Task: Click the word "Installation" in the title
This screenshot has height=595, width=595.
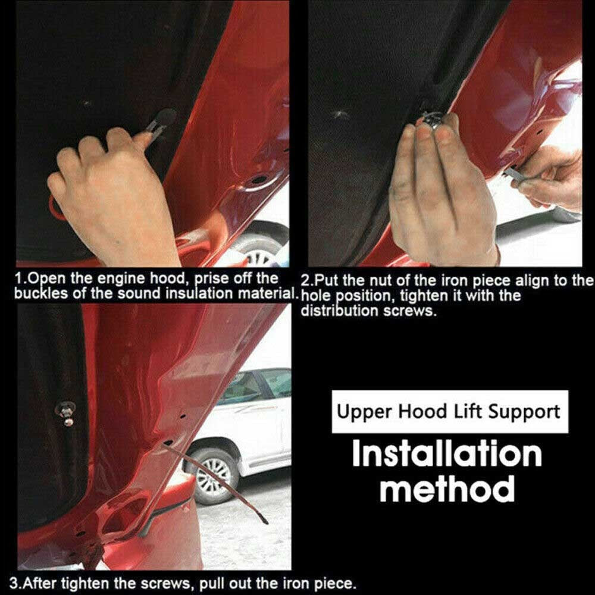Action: pos(447,454)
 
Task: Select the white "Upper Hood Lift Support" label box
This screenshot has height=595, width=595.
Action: pos(450,412)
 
